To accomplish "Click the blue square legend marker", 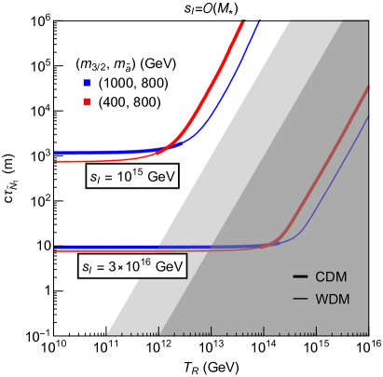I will click(87, 83).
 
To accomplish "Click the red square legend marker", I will click(87, 101).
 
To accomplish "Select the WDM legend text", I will click(333, 299).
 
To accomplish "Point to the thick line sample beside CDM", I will click(300, 277).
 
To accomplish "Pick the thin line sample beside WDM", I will click(300, 299).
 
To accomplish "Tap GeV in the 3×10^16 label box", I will click(166, 267).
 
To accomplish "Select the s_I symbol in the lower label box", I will click(87, 268).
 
